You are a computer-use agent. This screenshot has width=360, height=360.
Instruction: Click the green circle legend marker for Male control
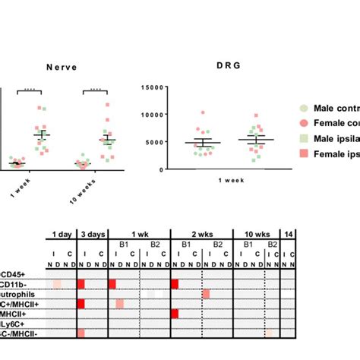[304, 109]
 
